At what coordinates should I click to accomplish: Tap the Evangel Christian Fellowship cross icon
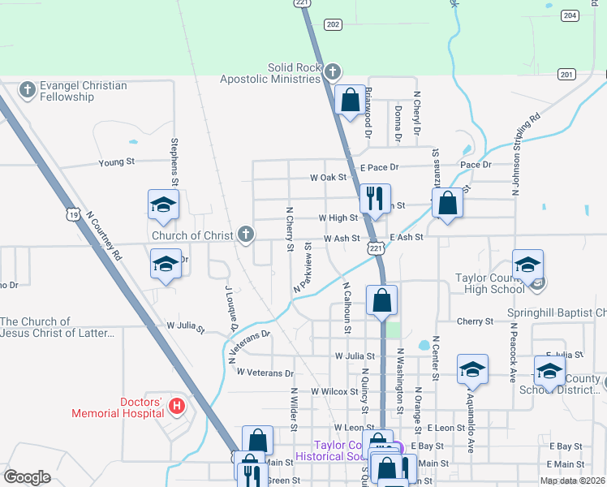pos(27,89)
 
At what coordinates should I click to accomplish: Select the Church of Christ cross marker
pos(246,235)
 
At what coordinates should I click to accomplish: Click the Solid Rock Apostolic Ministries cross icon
pos(331,73)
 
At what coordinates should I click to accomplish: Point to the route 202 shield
pos(332,25)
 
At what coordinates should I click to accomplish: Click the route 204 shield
pos(570,15)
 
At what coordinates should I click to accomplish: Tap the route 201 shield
pos(566,75)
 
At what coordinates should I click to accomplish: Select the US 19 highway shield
pos(73,215)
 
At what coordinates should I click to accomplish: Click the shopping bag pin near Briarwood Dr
pos(350,101)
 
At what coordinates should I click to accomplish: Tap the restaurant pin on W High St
pos(375,198)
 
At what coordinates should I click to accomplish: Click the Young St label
pos(116,162)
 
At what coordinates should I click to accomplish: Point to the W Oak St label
pos(328,177)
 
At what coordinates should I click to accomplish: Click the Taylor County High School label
pos(489,283)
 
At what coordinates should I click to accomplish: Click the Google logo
pos(27,477)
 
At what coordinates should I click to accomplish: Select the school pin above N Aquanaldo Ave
pos(471,369)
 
